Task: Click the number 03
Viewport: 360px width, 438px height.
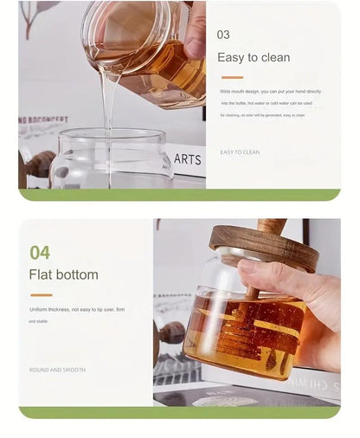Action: [223, 35]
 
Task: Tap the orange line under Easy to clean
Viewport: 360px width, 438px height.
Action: [231, 78]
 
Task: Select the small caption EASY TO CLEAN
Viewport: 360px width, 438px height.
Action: [240, 152]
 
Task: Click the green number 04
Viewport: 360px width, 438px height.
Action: [40, 253]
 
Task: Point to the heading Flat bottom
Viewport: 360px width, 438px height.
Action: [63, 275]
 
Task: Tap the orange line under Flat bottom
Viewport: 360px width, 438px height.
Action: [41, 295]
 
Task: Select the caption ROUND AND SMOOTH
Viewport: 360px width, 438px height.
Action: [56, 370]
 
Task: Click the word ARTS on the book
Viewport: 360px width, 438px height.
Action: [187, 159]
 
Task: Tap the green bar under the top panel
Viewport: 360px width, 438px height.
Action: [179, 195]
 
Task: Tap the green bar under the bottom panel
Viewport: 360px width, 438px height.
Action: [179, 412]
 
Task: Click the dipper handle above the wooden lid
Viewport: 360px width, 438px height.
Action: [270, 225]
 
